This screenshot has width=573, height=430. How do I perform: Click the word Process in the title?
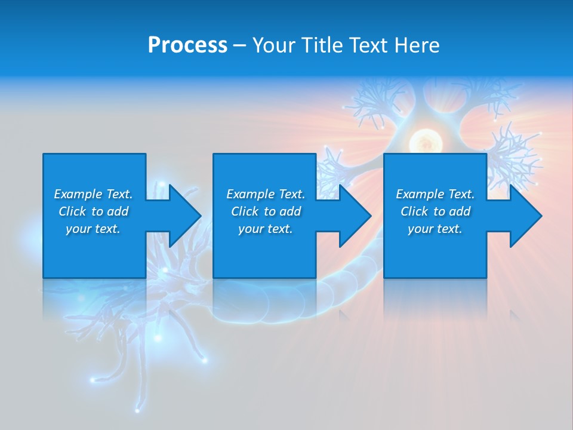coord(187,45)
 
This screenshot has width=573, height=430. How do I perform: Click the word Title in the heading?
coord(322,45)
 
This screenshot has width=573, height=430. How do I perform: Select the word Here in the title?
coord(416,45)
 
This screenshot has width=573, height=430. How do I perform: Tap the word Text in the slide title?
coord(368,45)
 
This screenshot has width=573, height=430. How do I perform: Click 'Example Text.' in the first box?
coord(93,194)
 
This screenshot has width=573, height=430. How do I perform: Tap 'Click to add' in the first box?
coord(93,211)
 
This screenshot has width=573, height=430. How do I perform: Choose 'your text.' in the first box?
coord(93,229)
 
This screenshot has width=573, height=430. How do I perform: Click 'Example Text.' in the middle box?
coord(266,194)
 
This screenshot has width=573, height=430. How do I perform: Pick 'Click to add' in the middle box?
coord(266,211)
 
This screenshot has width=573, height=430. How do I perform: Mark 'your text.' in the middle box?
coord(266,229)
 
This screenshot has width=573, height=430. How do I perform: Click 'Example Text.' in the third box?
coord(435,194)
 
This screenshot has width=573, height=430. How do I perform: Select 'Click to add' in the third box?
coord(435,211)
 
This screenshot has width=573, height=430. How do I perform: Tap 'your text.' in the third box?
coord(435,229)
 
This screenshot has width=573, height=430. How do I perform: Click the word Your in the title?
coord(273,45)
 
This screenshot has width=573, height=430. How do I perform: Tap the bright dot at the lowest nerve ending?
coord(138,411)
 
